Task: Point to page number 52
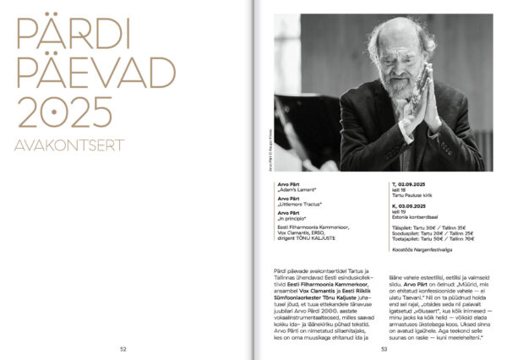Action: (123, 348)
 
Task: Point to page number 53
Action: (384, 348)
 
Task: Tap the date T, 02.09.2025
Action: (412, 183)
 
